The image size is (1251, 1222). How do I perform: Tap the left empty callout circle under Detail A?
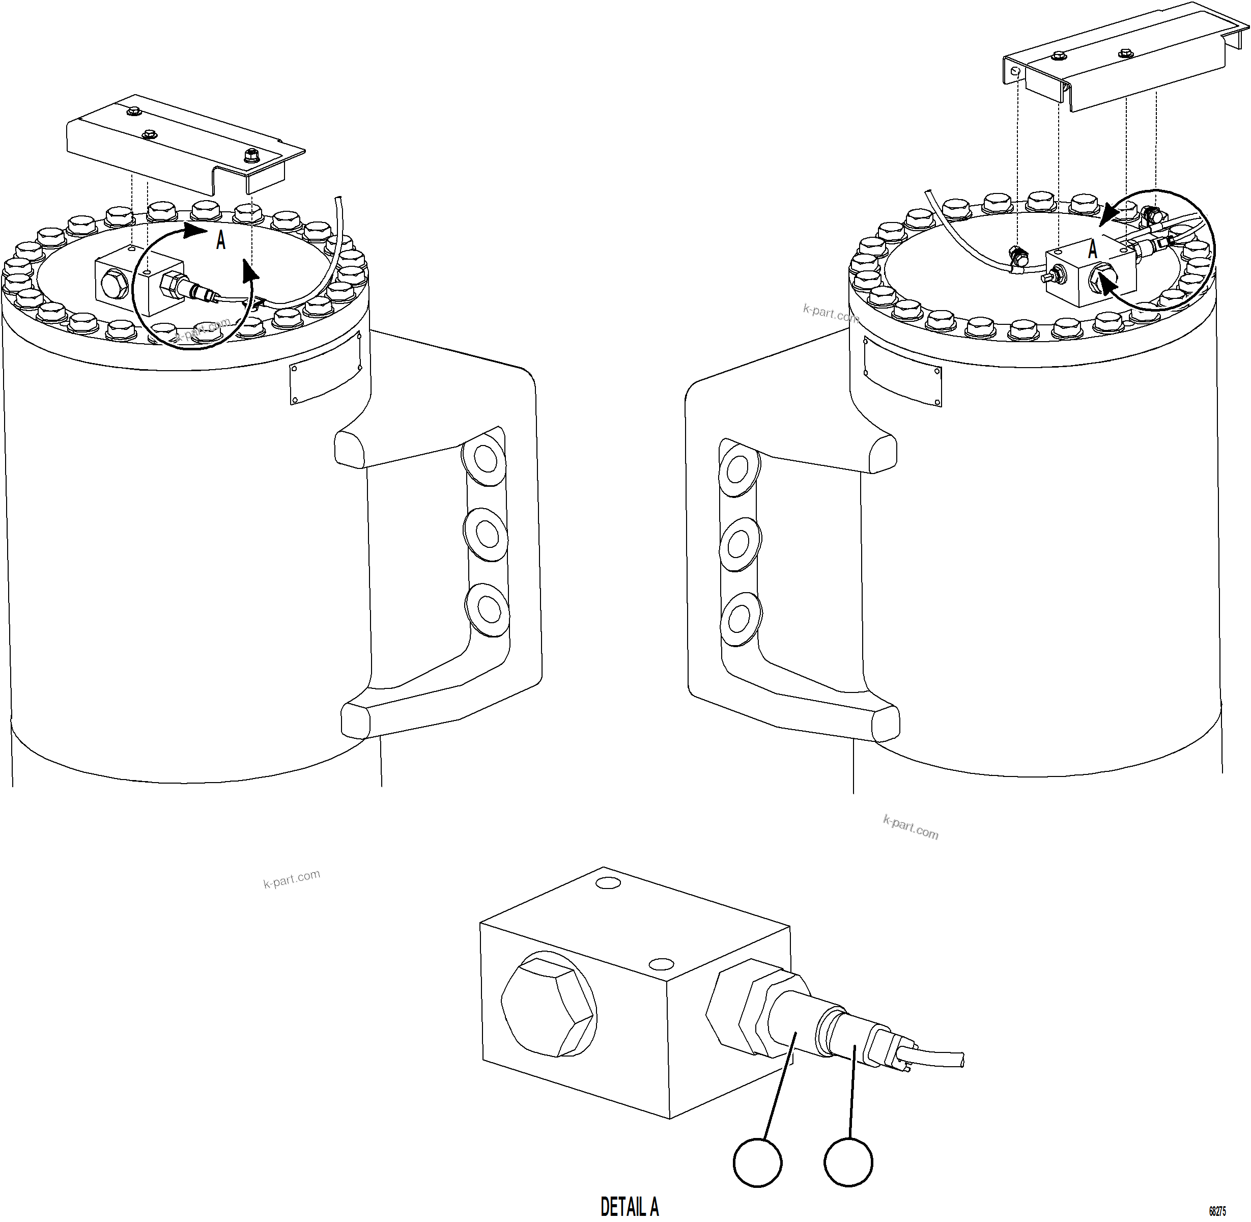tap(757, 1162)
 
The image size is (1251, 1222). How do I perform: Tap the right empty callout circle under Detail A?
tap(848, 1162)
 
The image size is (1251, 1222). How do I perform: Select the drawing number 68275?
tap(1217, 1211)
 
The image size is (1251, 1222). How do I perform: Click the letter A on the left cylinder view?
tap(221, 241)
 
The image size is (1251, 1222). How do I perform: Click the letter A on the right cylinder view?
tap(1093, 249)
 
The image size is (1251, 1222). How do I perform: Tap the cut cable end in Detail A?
tap(960, 1060)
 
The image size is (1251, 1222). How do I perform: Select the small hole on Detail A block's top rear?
tap(608, 883)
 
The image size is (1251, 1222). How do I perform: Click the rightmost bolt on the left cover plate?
tap(250, 155)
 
